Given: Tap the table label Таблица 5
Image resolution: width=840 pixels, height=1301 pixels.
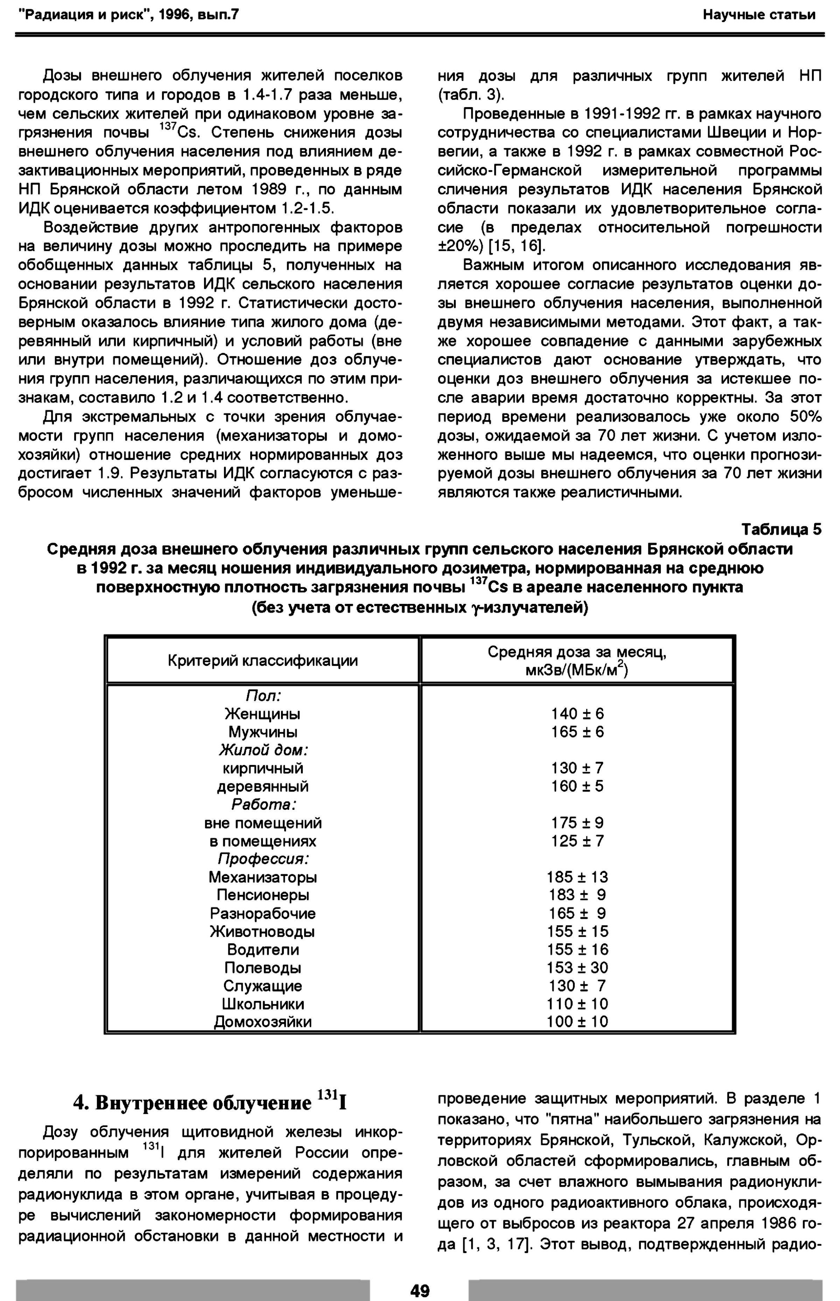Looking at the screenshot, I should coord(781,530).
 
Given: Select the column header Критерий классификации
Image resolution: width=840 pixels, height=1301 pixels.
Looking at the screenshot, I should coord(262,661).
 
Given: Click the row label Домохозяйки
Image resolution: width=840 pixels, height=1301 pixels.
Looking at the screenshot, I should coord(262,1022).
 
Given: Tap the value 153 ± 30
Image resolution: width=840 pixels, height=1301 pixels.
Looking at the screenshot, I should coord(577,968).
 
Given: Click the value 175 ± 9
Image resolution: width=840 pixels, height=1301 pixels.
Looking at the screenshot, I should coord(577,823).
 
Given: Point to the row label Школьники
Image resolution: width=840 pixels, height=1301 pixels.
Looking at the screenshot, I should coord(262,1004).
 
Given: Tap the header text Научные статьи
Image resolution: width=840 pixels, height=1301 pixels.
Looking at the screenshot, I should coord(759,15).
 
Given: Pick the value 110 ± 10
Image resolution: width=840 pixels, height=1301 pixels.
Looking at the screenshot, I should coord(577,1004).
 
